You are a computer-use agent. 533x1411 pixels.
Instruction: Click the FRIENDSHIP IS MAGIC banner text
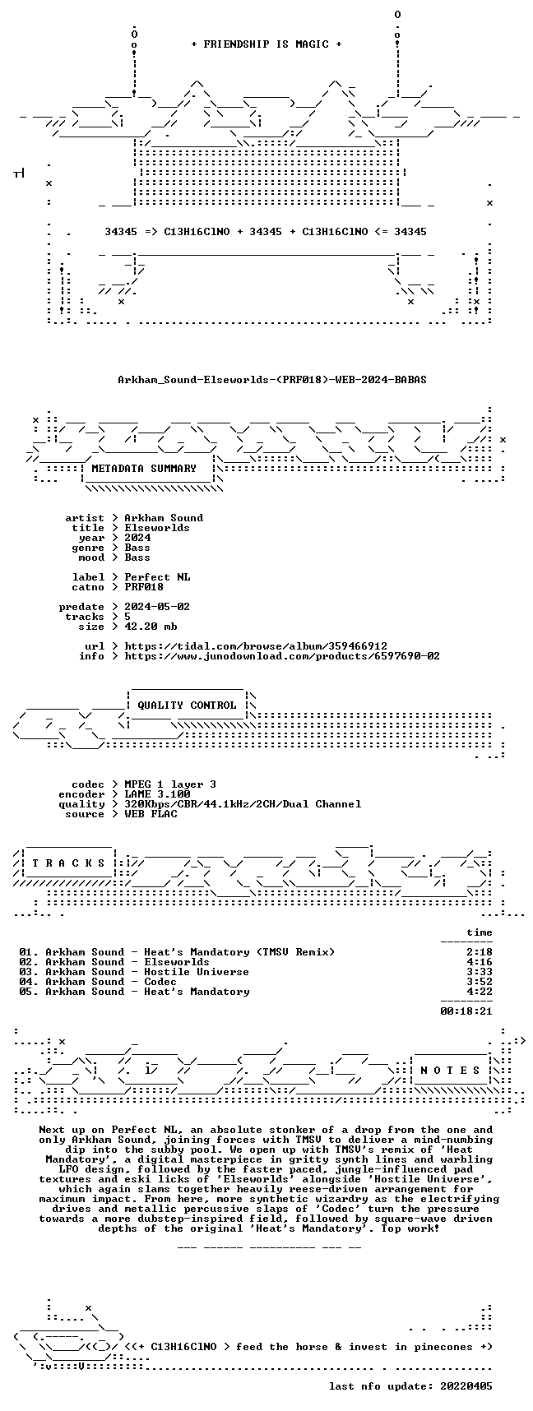point(266,44)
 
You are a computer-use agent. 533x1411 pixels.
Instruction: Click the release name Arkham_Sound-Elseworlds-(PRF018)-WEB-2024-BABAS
point(272,380)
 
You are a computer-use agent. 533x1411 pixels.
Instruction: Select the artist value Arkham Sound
point(164,518)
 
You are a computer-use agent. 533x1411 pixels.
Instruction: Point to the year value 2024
point(137,538)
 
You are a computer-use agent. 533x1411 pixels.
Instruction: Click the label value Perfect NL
point(157,577)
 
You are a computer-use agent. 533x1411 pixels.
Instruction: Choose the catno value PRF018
point(144,587)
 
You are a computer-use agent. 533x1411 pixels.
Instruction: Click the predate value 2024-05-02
point(157,607)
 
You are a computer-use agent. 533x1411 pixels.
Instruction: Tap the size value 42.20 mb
point(151,627)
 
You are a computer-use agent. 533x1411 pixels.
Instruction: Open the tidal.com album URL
point(256,646)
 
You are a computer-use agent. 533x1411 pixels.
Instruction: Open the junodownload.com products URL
point(282,656)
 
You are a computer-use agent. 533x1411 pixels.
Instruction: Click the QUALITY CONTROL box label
point(187,705)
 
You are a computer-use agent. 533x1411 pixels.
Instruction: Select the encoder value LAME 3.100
point(157,794)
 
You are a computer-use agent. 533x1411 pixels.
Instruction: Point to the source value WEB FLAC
point(151,814)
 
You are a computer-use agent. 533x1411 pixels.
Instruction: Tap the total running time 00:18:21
point(466,1011)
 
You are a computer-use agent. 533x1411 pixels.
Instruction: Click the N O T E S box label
point(450,1071)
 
